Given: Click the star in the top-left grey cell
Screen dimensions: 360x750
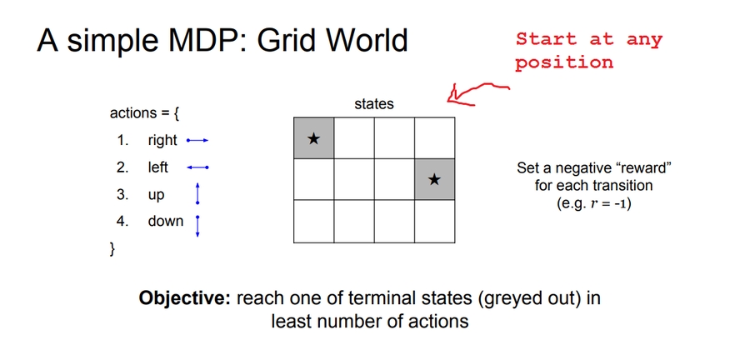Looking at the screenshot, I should point(313,138).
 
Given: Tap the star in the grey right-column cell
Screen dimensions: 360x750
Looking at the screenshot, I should point(433,179).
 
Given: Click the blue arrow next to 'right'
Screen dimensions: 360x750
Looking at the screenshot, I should point(197,141).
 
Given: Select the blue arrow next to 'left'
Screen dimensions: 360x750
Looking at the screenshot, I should point(197,167).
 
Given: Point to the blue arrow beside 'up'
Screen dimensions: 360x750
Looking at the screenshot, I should point(197,195).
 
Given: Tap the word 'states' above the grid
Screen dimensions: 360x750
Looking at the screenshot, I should point(374,104).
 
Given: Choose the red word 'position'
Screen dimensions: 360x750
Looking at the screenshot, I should point(564,62).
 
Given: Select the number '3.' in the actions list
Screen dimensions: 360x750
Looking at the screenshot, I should point(122,195).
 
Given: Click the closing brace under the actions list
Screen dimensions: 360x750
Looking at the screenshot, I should point(112,248).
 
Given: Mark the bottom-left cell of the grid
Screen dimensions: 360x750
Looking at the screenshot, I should point(313,221).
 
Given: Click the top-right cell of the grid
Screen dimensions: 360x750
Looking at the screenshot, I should point(433,138).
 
